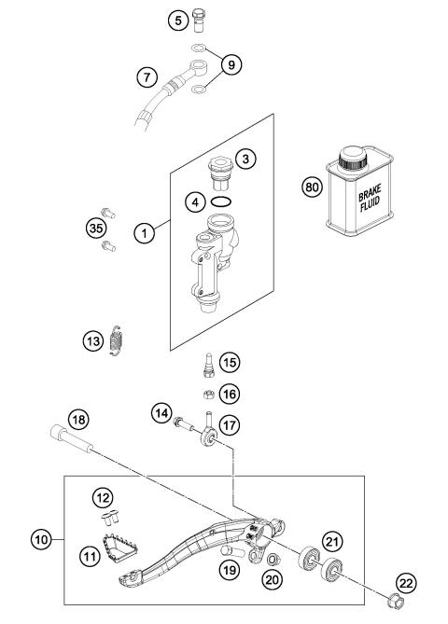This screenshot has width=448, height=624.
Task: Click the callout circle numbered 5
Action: (x=178, y=20)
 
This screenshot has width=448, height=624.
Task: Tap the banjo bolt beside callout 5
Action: (x=198, y=20)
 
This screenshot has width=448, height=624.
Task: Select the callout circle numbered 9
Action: (x=231, y=64)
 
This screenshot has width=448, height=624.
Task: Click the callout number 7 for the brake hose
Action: (x=147, y=76)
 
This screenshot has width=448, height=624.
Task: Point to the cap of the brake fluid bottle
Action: (x=353, y=159)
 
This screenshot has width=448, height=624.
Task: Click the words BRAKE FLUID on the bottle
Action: (x=370, y=198)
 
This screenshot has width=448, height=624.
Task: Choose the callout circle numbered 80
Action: (x=313, y=187)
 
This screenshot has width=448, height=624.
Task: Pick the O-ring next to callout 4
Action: (x=221, y=201)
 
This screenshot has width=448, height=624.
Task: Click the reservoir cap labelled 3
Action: (x=220, y=173)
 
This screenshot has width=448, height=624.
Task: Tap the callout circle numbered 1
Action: (x=144, y=233)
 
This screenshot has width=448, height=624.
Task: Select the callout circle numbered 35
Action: (x=96, y=229)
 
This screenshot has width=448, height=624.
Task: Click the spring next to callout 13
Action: (x=116, y=340)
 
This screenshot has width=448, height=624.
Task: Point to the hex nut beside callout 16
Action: (x=209, y=395)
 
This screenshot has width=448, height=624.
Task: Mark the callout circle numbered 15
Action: (x=230, y=363)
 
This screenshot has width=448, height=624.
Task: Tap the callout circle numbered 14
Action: (x=161, y=413)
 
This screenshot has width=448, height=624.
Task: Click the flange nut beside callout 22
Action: (x=395, y=601)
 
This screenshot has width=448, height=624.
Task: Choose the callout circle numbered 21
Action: (x=332, y=541)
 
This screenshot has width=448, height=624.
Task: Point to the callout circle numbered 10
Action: (x=41, y=539)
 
